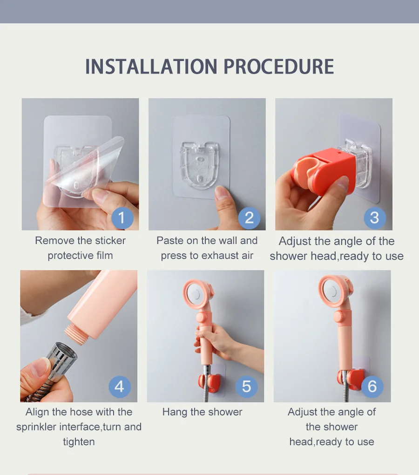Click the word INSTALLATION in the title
coord(151,67)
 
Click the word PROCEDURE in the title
coord(278,67)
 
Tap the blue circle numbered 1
coord(122,218)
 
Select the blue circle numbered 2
coord(249,218)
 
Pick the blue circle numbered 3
coord(374,218)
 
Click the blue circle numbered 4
coord(120,387)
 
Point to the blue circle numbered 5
coord(246,387)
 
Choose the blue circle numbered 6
coord(372,387)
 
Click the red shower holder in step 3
coord(324,171)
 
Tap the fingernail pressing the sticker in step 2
coord(221,192)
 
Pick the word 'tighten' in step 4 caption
coord(79,442)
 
